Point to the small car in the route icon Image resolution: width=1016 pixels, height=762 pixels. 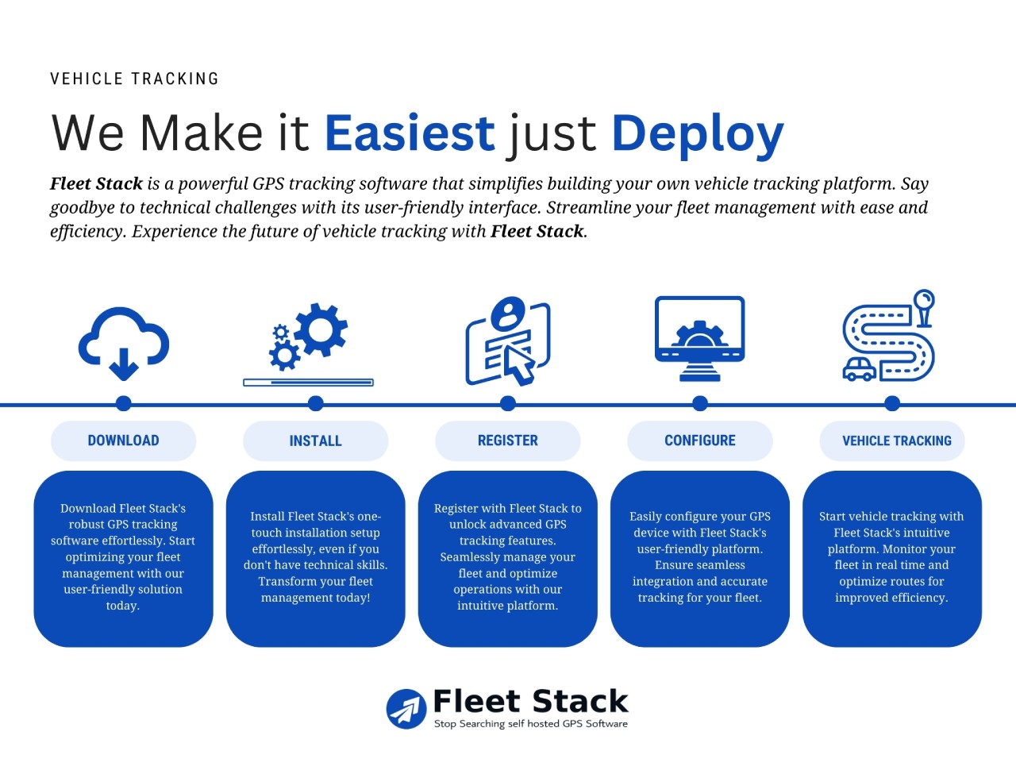coord(859,369)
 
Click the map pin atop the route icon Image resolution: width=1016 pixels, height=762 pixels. coord(925,308)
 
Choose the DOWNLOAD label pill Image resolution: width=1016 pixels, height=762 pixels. coord(124,441)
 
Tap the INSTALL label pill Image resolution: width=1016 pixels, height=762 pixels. coord(316,441)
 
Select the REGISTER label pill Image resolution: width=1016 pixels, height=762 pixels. coord(508,441)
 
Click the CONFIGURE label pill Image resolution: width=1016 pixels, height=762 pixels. coord(700,441)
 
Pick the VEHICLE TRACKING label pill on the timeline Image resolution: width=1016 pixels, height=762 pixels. coord(892,441)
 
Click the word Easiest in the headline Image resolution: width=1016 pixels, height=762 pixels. coord(410,133)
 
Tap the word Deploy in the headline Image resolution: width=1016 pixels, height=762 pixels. coord(698,136)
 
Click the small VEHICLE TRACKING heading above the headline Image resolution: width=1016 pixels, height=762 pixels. coord(134,79)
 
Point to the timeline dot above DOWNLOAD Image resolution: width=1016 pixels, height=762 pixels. coord(124,403)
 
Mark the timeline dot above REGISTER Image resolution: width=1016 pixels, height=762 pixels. coord(508,403)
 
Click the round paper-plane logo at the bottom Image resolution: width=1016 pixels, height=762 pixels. coord(406,709)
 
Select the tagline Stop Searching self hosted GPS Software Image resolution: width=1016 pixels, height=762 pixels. coord(531,724)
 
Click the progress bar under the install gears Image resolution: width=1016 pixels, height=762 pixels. coord(308,383)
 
